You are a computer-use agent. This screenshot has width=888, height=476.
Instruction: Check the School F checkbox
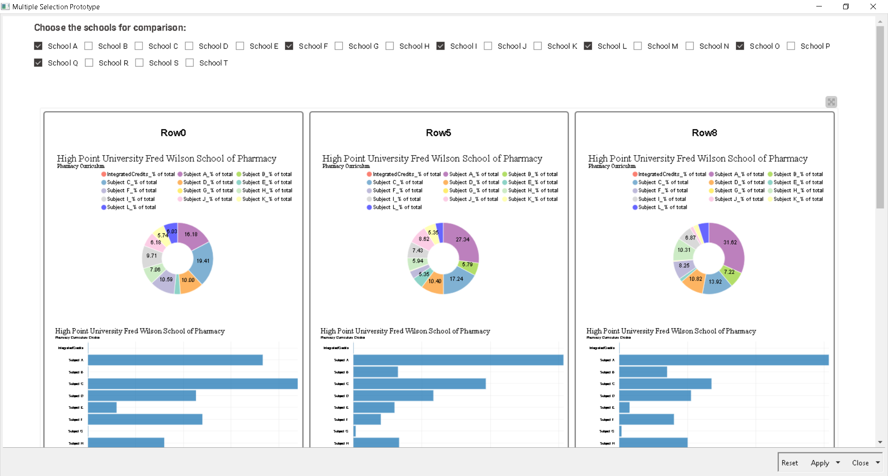tap(289, 46)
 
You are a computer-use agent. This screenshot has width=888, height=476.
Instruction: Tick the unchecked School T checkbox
tap(190, 63)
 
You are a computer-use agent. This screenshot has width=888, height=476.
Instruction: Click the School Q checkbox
tap(38, 63)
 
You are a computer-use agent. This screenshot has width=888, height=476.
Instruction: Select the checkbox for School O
tap(740, 46)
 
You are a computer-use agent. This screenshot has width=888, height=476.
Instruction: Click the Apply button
tap(820, 463)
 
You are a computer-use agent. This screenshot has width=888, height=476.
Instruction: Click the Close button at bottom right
tap(860, 463)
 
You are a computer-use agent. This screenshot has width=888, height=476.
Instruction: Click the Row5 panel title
tap(438, 133)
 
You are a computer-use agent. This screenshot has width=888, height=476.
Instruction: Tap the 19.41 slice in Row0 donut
tap(203, 261)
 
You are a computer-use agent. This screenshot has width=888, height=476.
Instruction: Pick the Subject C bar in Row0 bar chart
tap(192, 384)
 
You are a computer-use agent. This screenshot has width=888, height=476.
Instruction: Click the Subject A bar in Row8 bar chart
tap(723, 360)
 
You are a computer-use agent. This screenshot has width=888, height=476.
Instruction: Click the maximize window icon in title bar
tap(846, 6)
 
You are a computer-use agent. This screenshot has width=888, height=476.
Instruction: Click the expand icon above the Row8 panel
tap(831, 102)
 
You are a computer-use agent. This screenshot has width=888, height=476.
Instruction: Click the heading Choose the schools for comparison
tap(110, 28)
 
